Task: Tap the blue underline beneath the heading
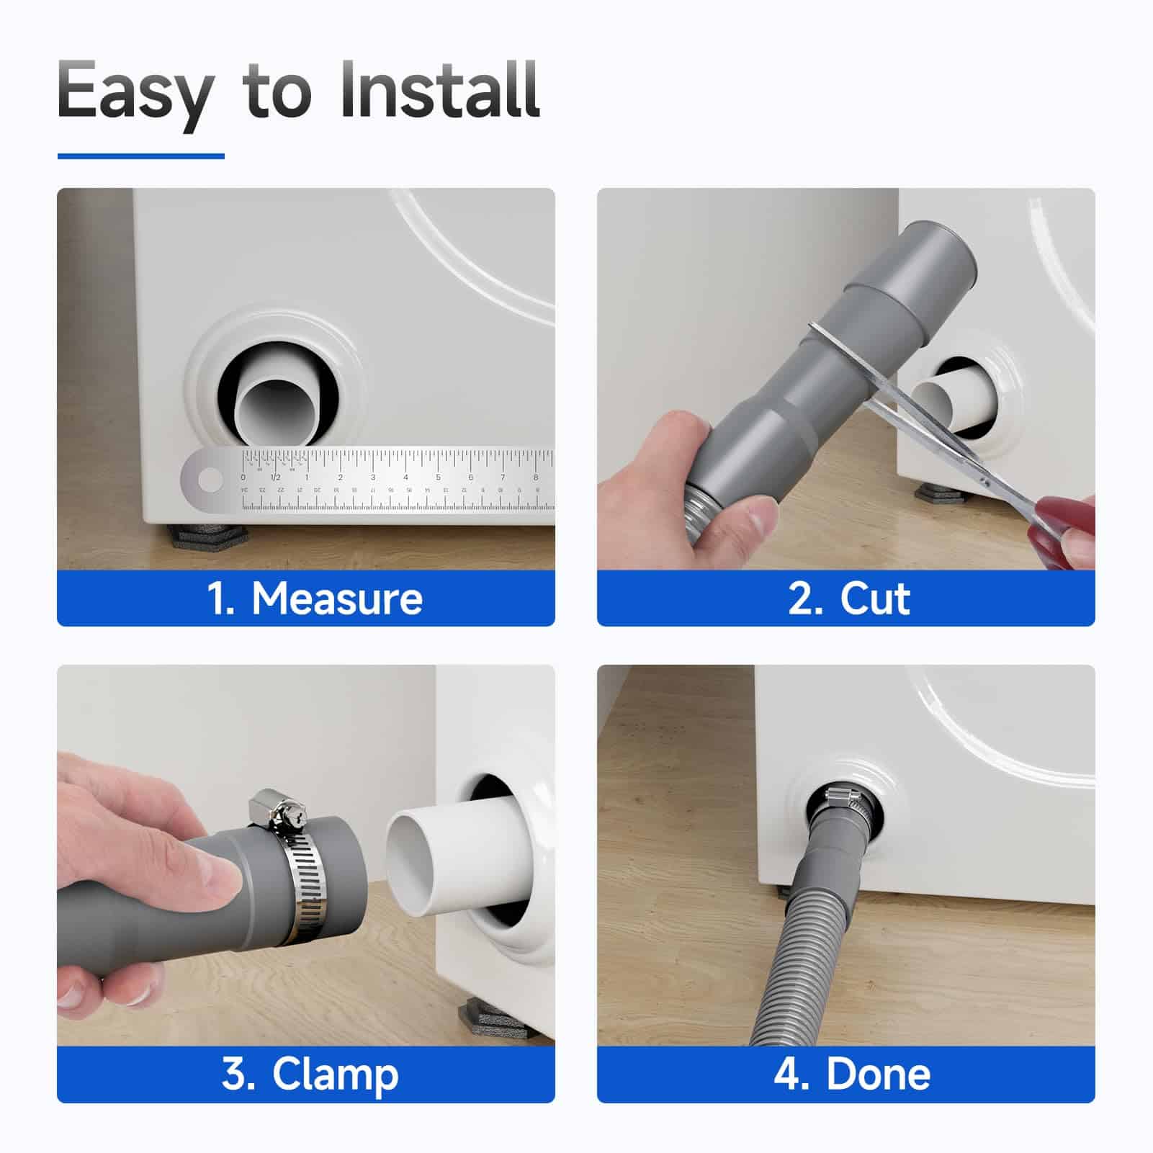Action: point(141,156)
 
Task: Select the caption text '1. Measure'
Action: point(315,598)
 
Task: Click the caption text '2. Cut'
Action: point(849,598)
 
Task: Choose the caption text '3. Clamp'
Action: point(310,1075)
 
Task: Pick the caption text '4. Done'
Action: point(852,1074)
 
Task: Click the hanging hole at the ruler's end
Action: point(210,480)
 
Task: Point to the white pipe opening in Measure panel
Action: point(274,414)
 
